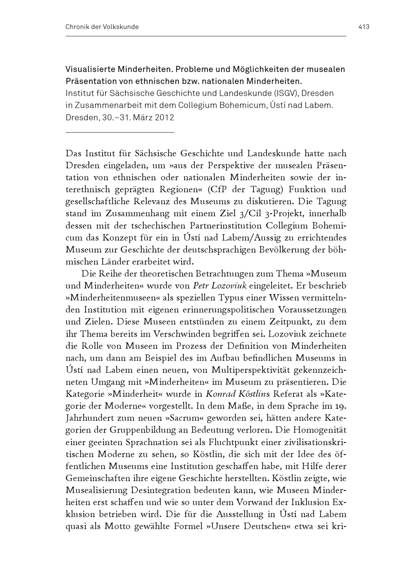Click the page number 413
click(x=364, y=27)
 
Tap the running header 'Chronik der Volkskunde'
click(x=102, y=27)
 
